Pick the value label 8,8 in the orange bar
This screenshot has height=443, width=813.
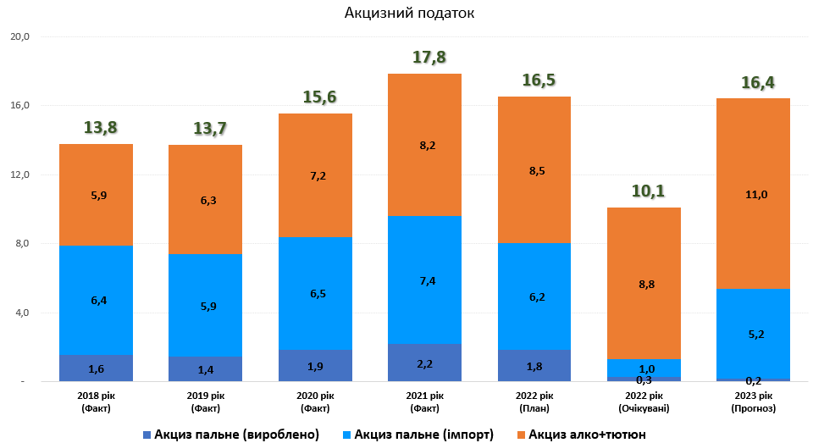pyautogui.click(x=644, y=285)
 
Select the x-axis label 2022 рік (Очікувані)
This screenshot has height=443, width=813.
pyautogui.click(x=644, y=401)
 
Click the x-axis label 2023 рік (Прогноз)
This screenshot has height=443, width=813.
pyautogui.click(x=753, y=401)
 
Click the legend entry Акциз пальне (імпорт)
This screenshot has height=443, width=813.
pyautogui.click(x=418, y=435)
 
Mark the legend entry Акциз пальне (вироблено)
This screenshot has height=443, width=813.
pyautogui.click(x=237, y=435)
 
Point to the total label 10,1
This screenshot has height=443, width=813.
pyautogui.click(x=644, y=191)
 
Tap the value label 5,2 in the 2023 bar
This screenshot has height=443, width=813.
pyautogui.click(x=753, y=335)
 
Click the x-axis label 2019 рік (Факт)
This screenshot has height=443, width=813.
pyautogui.click(x=206, y=401)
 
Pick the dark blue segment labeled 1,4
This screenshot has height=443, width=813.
pyautogui.click(x=206, y=369)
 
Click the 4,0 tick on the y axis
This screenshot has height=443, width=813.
pyautogui.click(x=20, y=313)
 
